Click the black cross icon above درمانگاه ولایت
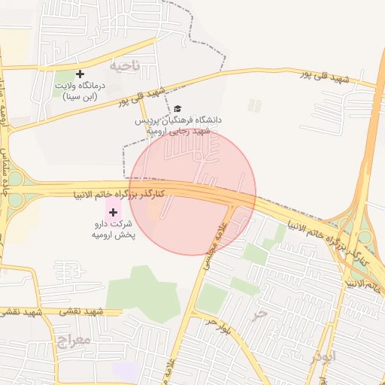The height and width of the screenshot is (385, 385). [80, 73]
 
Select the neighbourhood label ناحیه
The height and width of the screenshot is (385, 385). [125, 65]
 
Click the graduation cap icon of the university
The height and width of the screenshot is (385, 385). [177, 109]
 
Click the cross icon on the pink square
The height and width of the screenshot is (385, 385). [114, 213]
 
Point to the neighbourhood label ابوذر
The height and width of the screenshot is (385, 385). [322, 359]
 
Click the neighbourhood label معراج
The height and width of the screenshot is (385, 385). [73, 340]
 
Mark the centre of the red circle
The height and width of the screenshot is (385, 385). [192, 192]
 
